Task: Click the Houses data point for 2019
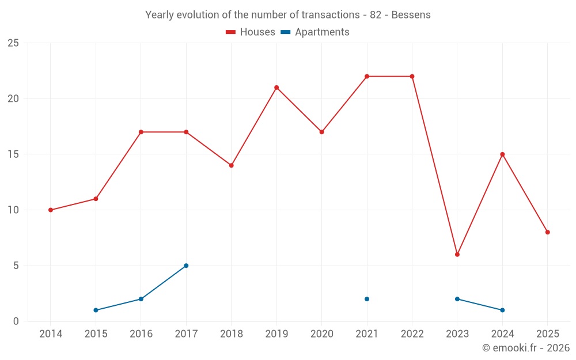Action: click(276, 88)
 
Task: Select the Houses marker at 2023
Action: click(457, 255)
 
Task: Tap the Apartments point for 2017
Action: click(186, 266)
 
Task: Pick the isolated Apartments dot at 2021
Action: click(367, 299)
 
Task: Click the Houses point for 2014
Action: click(51, 210)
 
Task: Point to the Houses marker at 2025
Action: click(548, 232)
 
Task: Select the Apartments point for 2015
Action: click(96, 310)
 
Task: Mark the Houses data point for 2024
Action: click(502, 154)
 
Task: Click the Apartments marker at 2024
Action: click(502, 310)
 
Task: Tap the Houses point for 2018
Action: click(232, 165)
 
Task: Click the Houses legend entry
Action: click(251, 32)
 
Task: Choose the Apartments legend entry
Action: click(315, 32)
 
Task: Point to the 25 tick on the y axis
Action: click(13, 43)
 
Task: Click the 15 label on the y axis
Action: click(13, 154)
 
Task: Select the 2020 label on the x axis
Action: click(321, 334)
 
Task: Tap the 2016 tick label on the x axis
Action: click(141, 334)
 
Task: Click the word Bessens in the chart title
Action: click(411, 15)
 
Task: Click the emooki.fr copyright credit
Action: click(526, 348)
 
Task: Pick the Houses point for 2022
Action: click(412, 77)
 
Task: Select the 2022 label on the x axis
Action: click(412, 334)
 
